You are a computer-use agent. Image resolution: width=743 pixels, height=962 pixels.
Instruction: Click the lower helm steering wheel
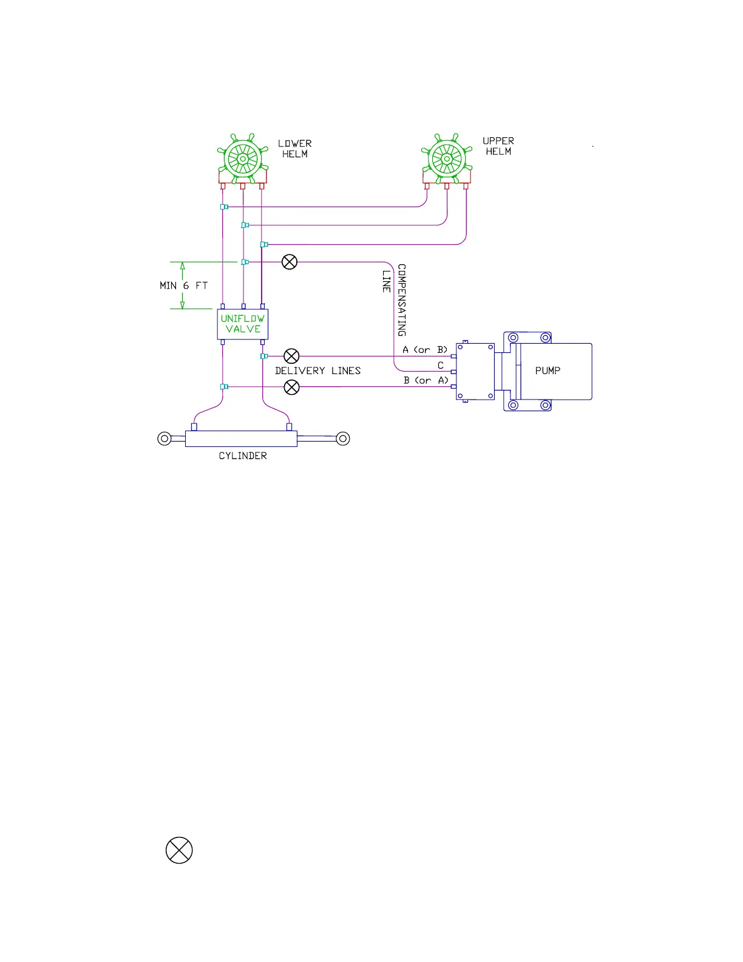coord(243,159)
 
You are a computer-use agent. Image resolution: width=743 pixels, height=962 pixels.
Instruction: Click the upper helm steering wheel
coord(447,159)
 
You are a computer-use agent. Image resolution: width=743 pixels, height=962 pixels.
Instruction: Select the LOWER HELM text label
coord(295,149)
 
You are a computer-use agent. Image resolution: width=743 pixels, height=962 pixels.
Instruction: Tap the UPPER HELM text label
coord(498,146)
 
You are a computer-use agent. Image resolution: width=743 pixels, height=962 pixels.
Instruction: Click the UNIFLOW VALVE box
coord(243,324)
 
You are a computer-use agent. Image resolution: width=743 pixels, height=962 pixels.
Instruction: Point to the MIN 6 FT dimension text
coord(183,285)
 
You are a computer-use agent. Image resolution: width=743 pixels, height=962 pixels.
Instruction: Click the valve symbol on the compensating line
coord(290,262)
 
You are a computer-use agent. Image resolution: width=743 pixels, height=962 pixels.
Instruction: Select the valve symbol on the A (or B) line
coord(292,356)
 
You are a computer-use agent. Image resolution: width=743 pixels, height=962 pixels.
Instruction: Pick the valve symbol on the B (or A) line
coord(292,387)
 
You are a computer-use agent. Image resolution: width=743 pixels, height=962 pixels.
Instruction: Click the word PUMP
coord(548,370)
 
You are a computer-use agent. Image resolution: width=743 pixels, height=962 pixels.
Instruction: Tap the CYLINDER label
coord(243,456)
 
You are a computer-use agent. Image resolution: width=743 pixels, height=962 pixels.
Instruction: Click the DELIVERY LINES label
coord(317,370)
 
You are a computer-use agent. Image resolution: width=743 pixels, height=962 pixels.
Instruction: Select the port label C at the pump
coord(441,366)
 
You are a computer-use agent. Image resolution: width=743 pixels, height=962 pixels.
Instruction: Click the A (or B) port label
coord(425,350)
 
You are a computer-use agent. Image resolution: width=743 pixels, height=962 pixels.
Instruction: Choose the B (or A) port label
coord(426,381)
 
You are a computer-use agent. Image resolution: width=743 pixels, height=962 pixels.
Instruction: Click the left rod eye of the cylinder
coord(165,438)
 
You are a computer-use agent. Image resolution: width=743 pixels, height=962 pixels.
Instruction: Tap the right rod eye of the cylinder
coord(343,438)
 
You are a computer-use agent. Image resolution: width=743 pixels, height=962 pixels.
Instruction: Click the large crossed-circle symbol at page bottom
coord(179,850)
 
